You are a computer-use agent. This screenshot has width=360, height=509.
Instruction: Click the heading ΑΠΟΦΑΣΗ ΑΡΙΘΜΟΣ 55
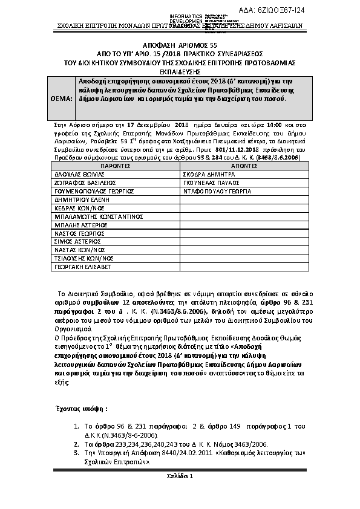coord(180,45)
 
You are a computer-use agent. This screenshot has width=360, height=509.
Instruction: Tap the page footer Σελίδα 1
coord(180,477)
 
